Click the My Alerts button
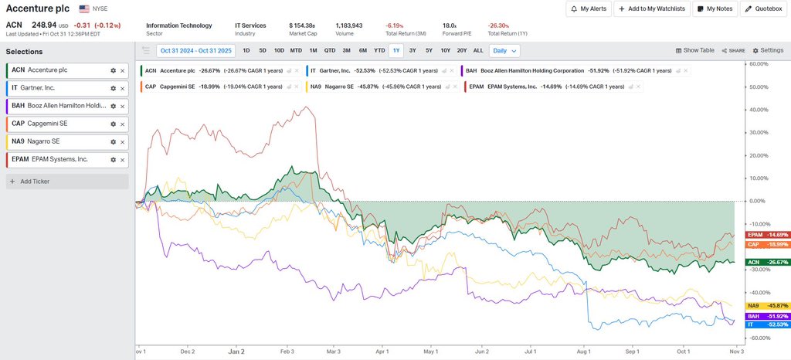[588, 8]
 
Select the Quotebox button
[763, 8]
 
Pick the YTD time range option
[379, 50]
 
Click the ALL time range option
[478, 50]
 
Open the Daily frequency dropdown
[504, 50]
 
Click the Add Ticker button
[67, 182]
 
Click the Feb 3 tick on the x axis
[286, 351]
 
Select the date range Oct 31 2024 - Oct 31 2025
[197, 50]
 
